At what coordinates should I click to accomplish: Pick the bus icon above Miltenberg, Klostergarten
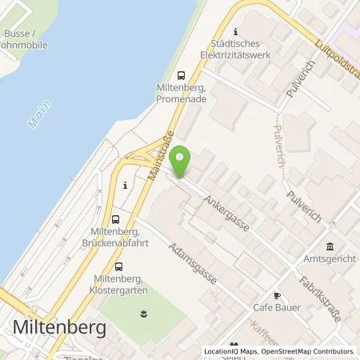119,267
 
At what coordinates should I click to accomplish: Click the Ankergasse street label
226,213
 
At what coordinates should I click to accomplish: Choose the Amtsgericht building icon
330,245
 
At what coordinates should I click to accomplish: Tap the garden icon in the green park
144,315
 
